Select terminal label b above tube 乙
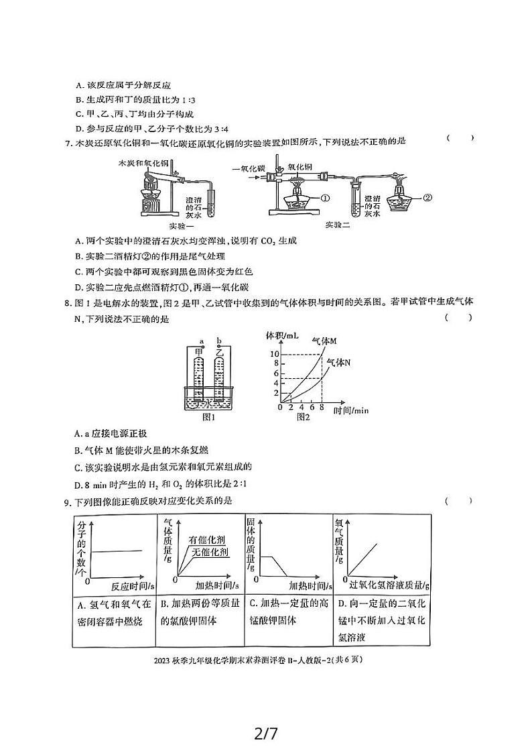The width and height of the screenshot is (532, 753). pyautogui.click(x=219, y=341)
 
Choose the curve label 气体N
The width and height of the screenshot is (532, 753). pyautogui.click(x=338, y=363)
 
